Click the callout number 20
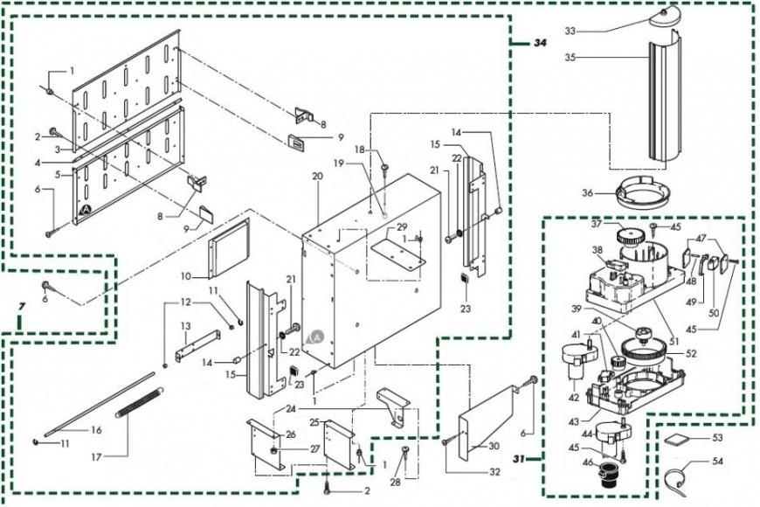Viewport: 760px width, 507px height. click(x=317, y=176)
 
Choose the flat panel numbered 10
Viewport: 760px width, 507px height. click(x=230, y=247)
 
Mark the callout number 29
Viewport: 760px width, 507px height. click(x=402, y=226)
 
